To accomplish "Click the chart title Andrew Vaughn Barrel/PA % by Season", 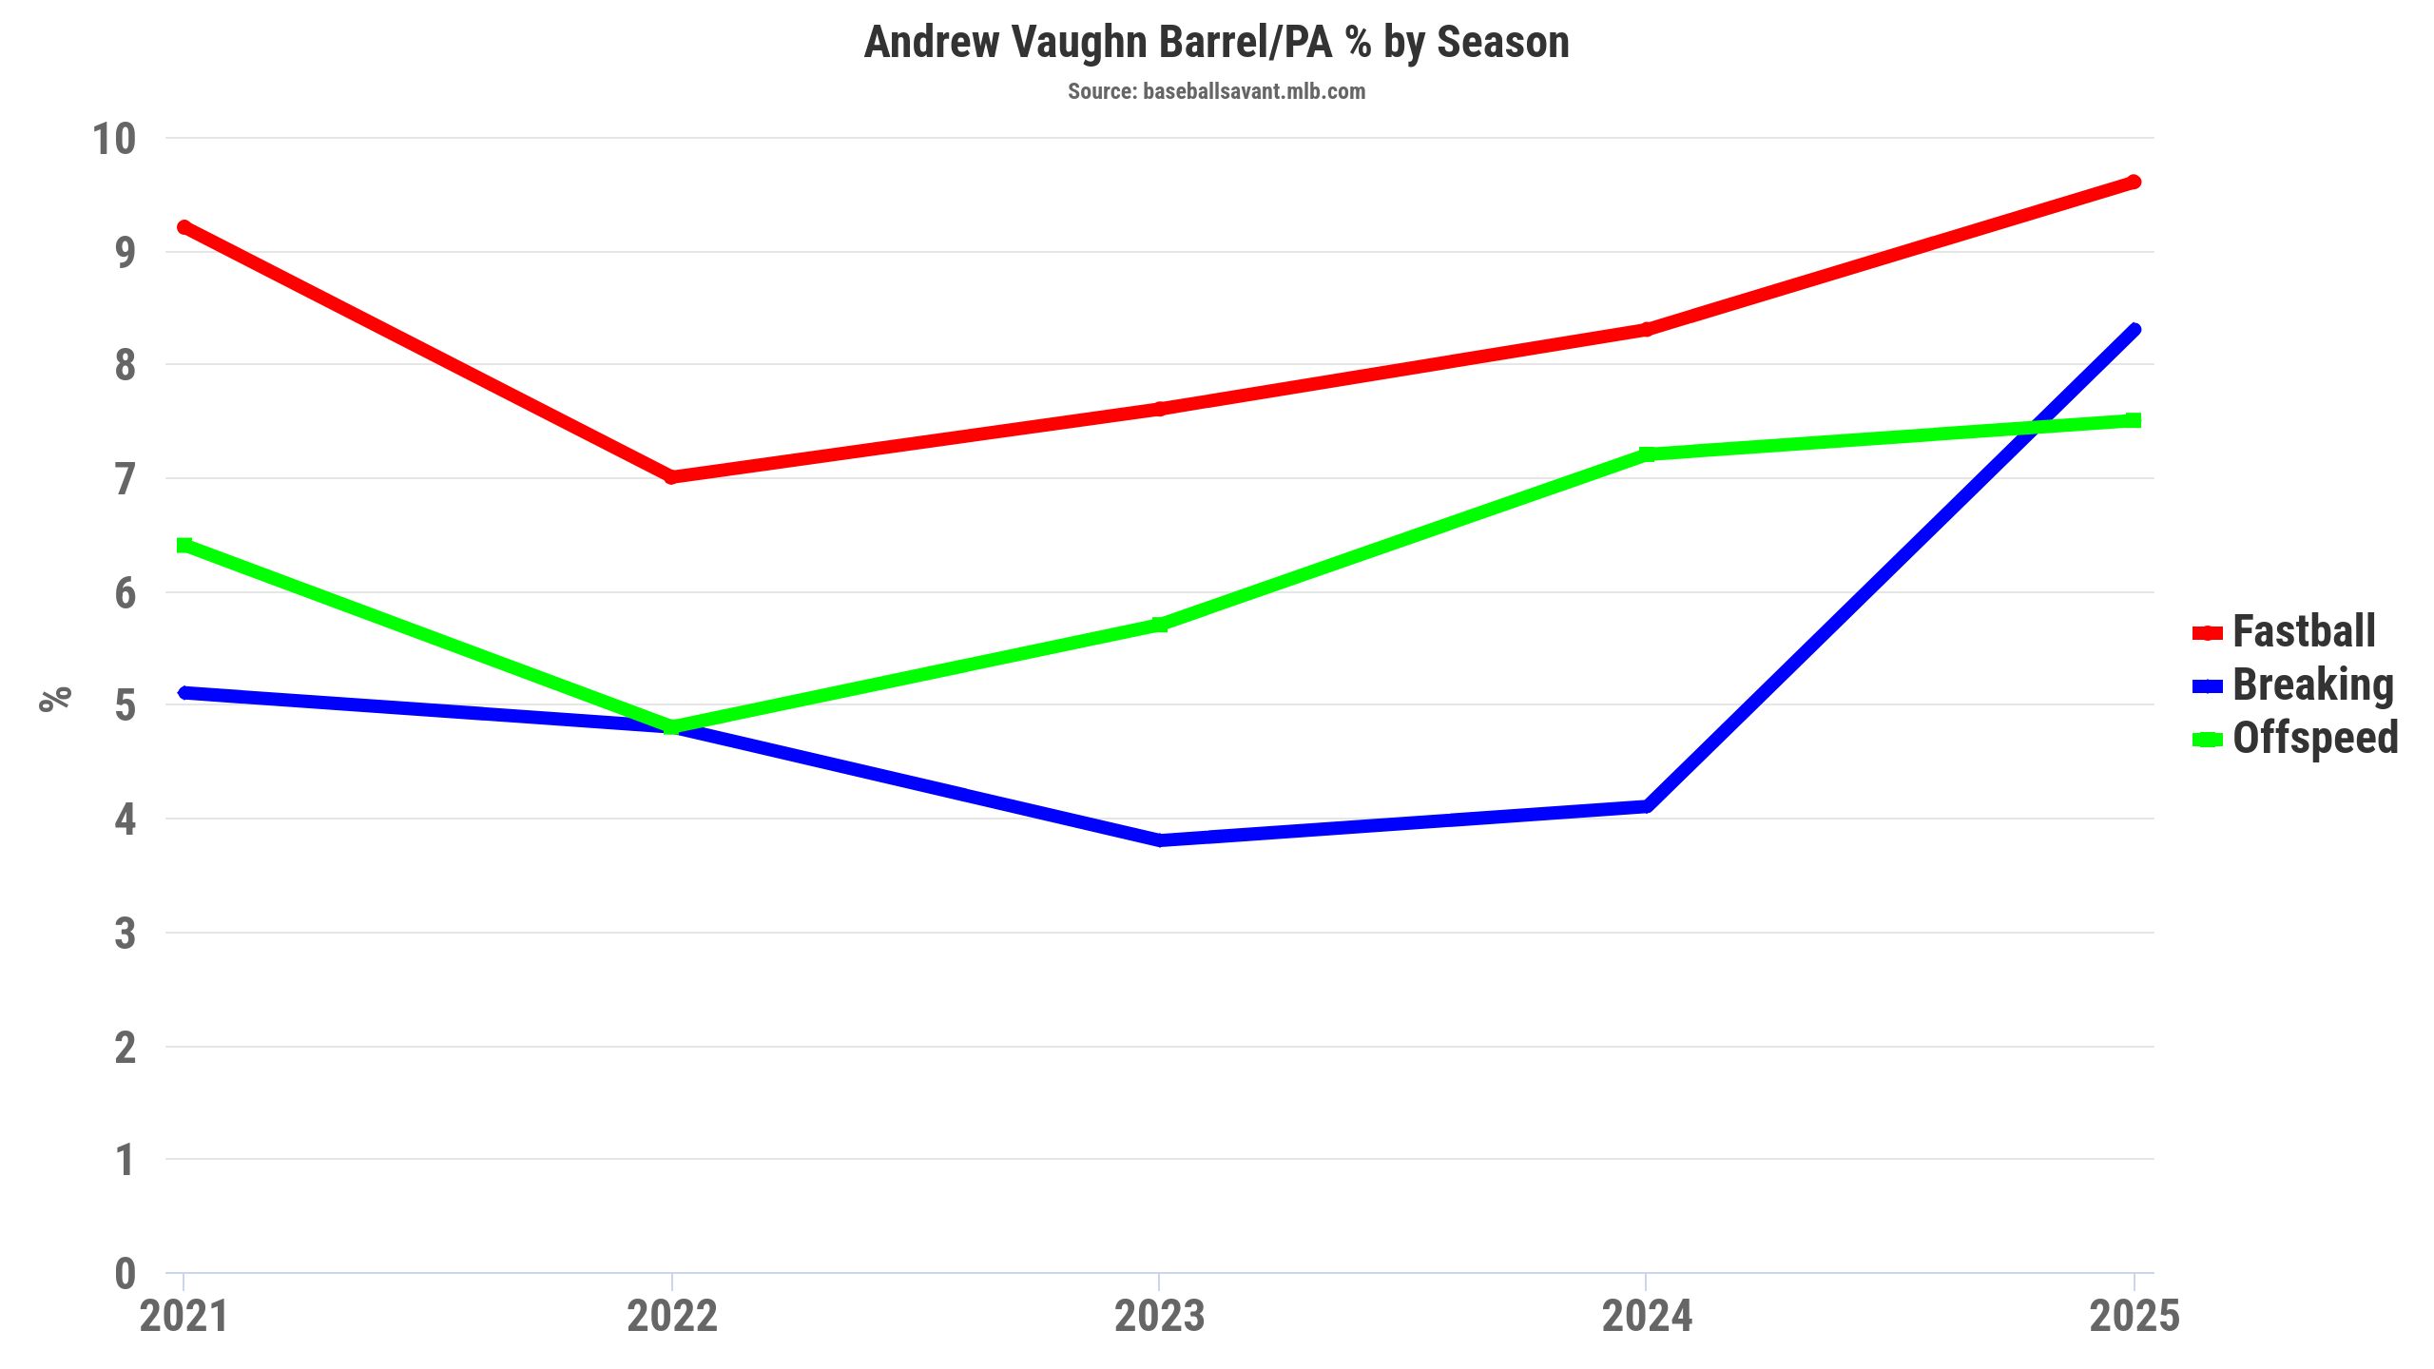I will coord(1216,43).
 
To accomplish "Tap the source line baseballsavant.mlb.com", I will coord(1216,91).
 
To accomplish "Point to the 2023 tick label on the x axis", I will coord(1159,1316).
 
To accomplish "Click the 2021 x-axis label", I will coord(184,1316).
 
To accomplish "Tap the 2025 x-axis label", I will coord(2134,1316).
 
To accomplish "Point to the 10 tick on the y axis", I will coord(114,140).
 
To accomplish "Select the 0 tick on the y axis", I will coord(125,1274).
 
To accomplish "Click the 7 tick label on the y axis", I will coord(125,479).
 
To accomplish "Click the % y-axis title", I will coord(55,699).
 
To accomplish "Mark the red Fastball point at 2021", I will coord(184,228).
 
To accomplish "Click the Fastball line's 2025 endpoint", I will coord(2134,183).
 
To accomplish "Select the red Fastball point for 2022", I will coord(672,476).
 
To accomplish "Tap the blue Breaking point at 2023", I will coord(1159,840).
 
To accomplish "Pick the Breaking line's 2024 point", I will coord(1647,806).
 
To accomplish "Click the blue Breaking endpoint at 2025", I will coord(2134,330).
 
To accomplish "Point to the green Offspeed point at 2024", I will coord(1647,454).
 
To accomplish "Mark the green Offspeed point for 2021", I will coord(184,545).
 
